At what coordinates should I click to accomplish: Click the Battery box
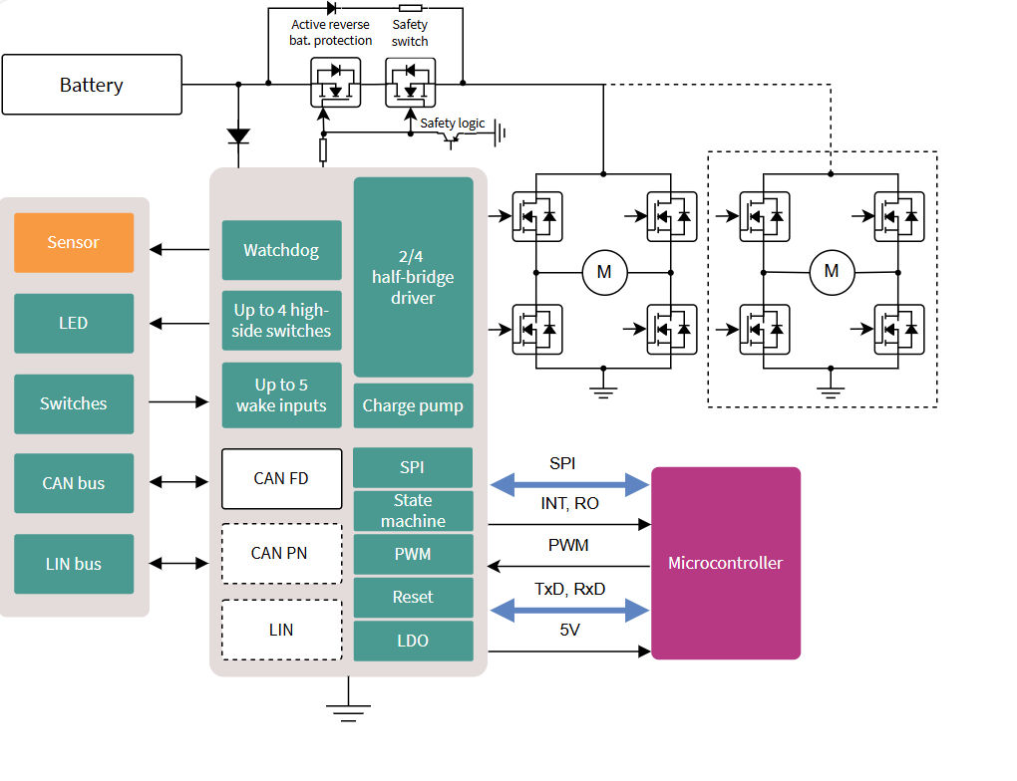92,85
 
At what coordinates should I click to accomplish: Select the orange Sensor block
74,242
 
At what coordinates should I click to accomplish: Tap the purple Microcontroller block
725,563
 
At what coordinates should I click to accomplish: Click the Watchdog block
281,250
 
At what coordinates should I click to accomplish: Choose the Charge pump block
413,405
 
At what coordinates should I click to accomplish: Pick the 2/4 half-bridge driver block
413,277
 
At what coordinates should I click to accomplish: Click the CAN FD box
281,478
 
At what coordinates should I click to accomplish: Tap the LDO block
413,641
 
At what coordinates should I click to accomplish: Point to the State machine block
413,511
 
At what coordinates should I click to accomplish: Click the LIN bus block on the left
74,564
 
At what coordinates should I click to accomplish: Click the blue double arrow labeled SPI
569,485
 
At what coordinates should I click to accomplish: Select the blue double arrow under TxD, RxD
569,610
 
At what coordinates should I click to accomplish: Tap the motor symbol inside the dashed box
831,272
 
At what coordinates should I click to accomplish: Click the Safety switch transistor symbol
410,83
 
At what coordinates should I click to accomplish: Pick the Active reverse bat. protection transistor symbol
335,83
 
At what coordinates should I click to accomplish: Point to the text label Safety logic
452,123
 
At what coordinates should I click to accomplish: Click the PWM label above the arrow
568,545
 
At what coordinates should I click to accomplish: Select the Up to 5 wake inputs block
281,395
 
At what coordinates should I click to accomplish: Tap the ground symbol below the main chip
348,709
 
